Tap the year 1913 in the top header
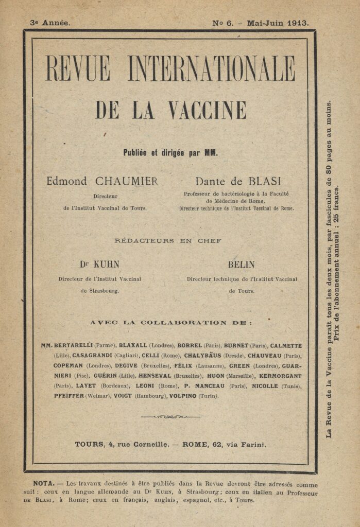(298, 23)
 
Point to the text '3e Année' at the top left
(50, 23)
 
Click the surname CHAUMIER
(126, 181)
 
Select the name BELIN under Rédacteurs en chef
(242, 265)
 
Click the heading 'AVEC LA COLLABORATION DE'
(171, 323)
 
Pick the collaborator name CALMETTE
(284, 345)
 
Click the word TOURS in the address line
(89, 444)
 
